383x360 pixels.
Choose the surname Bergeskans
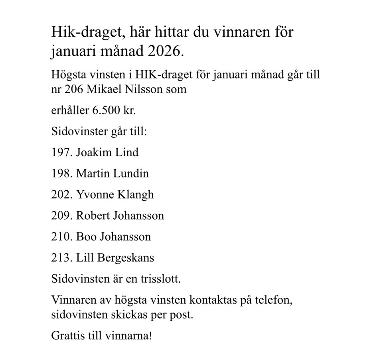click(127, 258)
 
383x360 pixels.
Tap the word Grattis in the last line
click(66, 336)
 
